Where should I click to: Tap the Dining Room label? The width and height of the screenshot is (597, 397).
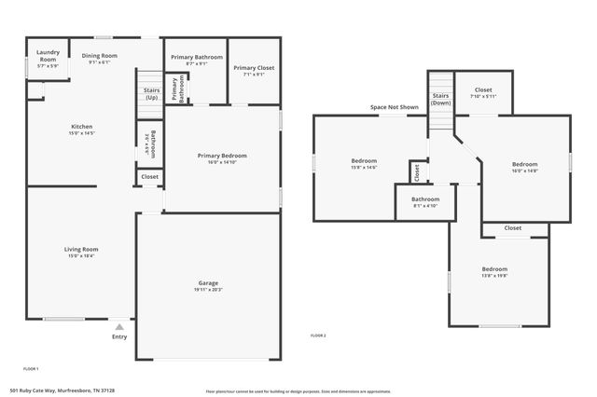coord(99,56)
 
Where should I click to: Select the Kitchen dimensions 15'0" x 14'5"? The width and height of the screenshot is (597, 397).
coord(82,133)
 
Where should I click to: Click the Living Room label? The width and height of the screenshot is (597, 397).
coord(81,249)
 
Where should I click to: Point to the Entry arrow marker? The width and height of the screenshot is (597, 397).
coord(118,327)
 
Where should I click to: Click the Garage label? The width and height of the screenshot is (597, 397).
coord(208,282)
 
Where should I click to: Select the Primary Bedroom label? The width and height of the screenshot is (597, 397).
coord(222,155)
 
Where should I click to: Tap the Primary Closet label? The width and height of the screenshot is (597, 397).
coord(254,68)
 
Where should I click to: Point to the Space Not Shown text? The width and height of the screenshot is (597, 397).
coord(395,107)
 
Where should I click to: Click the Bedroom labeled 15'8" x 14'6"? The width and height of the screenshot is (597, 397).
coord(364,159)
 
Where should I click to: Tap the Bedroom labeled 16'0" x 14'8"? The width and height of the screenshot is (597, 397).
coord(525,164)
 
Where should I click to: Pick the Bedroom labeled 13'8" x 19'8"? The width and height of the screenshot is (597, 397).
coord(494,269)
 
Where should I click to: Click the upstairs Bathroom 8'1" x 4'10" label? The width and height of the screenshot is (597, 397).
coord(425,198)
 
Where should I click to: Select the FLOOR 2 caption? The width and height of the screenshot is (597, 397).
coord(318,335)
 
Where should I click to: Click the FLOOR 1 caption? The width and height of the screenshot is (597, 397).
coord(31,369)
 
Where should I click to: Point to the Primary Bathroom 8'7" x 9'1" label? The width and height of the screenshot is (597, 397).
coord(197,57)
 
